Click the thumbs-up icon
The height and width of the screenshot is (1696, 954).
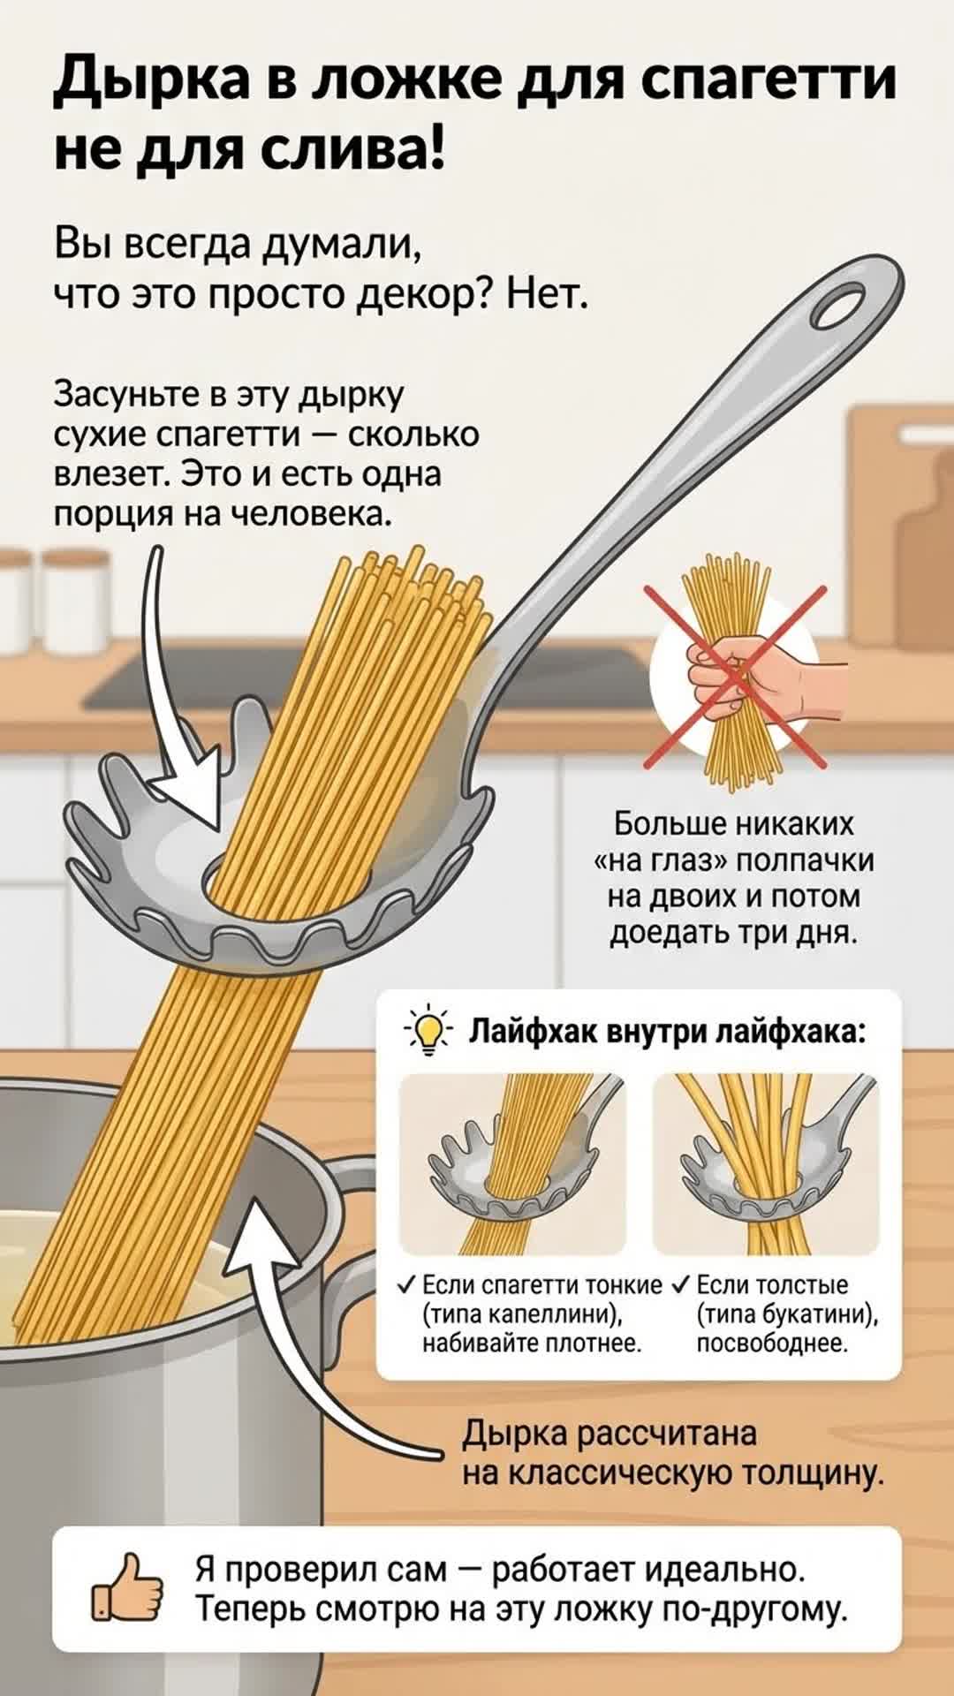click(x=128, y=1587)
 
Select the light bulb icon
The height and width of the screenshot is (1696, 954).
click(x=428, y=1031)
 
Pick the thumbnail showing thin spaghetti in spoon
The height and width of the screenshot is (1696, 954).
click(x=513, y=1163)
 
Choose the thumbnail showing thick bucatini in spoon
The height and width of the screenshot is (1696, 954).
click(x=766, y=1163)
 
